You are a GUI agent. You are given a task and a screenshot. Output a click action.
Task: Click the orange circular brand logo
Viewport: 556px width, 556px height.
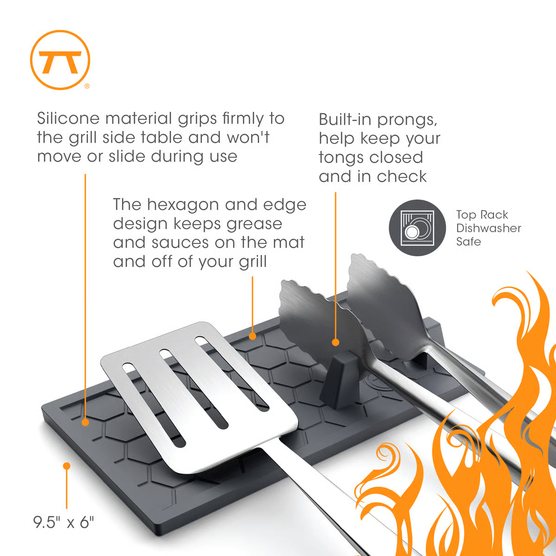(60, 60)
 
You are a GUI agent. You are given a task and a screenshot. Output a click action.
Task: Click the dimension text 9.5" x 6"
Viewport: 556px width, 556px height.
(63, 523)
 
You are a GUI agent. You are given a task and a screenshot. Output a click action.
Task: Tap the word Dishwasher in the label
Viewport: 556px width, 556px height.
(488, 228)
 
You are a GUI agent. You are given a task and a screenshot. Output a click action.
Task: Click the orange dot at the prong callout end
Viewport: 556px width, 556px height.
(335, 342)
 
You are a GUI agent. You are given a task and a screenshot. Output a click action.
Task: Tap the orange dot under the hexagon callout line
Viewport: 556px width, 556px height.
(253, 335)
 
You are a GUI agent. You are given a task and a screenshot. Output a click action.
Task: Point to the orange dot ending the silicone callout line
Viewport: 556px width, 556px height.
(85, 422)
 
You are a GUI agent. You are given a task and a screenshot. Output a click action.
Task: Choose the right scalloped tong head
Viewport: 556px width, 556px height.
(385, 301)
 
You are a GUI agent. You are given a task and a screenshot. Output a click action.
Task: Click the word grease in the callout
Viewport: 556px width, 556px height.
(253, 224)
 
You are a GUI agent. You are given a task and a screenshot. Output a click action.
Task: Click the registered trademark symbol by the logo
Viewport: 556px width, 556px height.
(87, 86)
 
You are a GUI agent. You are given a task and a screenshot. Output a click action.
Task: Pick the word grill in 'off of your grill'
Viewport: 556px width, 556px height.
(253, 262)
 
